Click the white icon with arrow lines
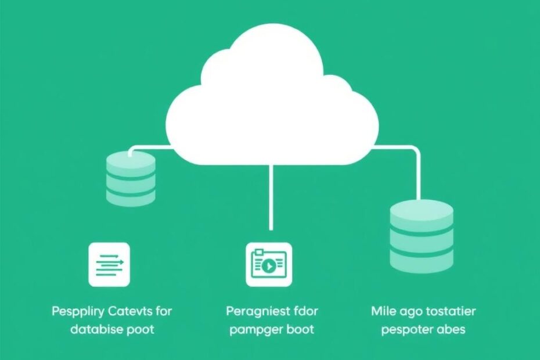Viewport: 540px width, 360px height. click(109, 264)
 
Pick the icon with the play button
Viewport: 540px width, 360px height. click(268, 265)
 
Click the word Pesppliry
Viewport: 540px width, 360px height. click(77, 312)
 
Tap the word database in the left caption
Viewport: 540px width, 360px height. click(98, 329)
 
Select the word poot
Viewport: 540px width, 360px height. click(142, 329)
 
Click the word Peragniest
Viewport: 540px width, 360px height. click(258, 311)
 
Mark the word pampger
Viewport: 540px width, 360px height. click(254, 329)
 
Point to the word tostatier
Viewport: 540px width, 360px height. click(448, 311)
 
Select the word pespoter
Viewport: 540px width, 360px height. click(408, 329)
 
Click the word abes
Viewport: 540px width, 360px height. click(453, 329)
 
